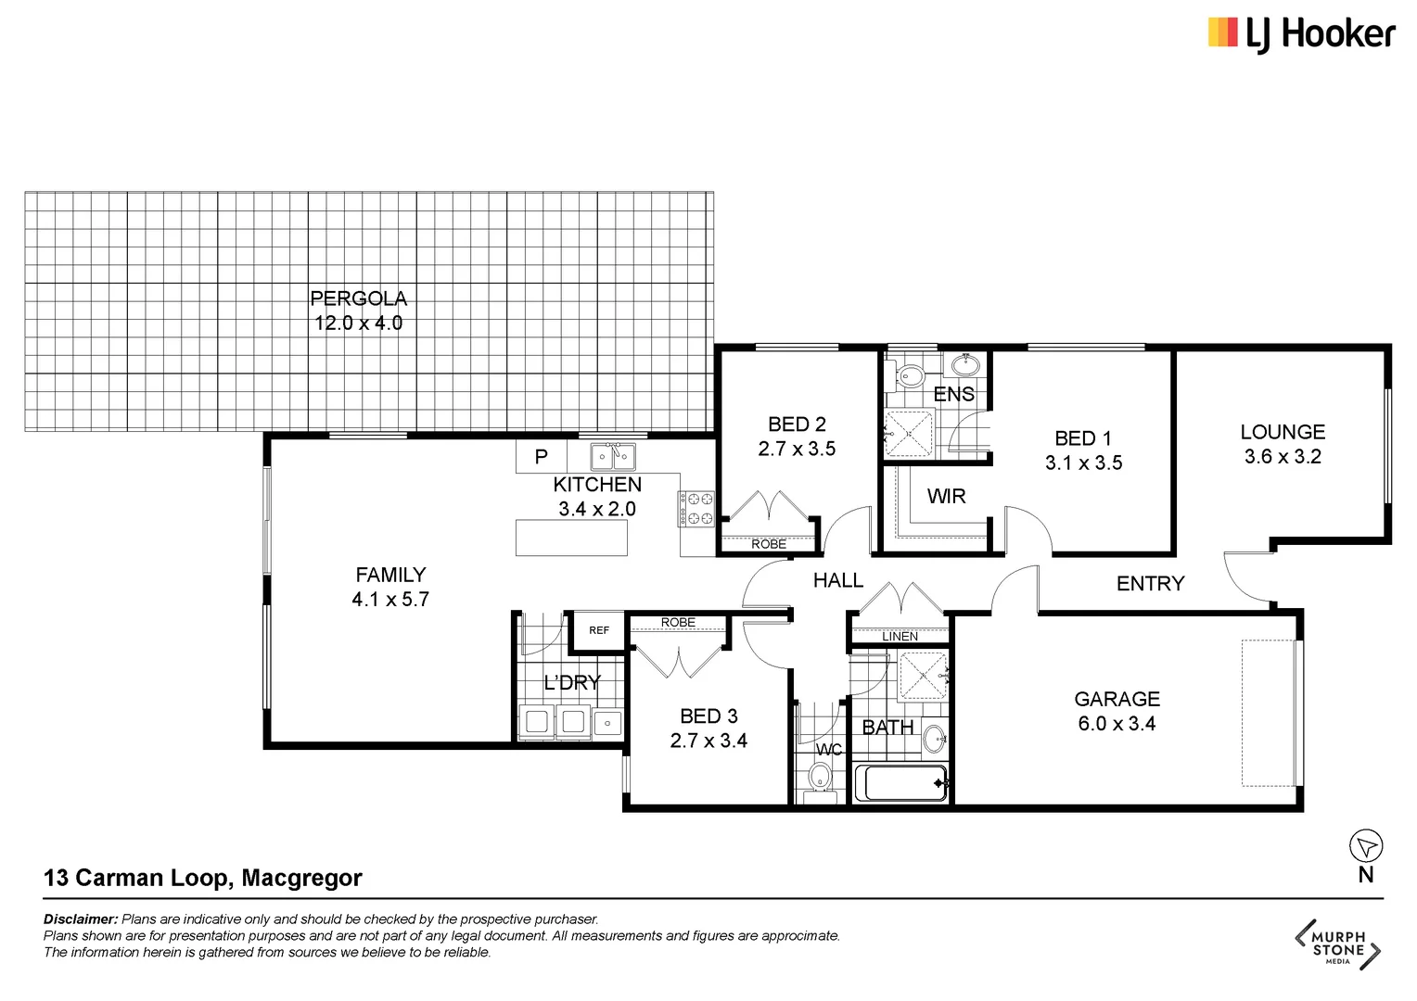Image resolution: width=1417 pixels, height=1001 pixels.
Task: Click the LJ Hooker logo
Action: (1300, 34)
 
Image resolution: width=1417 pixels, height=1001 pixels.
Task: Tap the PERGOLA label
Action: (358, 298)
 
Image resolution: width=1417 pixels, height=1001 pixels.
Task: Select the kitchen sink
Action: (613, 457)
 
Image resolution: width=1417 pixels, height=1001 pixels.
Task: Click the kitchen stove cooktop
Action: (696, 509)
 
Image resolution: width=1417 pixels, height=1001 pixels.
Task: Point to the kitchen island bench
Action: (571, 538)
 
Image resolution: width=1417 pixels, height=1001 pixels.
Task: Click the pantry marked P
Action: (542, 457)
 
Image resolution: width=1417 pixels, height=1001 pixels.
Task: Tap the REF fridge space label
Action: (599, 630)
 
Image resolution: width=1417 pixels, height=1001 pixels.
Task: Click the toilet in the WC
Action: (820, 777)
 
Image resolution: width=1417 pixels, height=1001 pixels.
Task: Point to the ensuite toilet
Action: (911, 376)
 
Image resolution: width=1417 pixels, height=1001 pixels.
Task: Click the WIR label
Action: (946, 497)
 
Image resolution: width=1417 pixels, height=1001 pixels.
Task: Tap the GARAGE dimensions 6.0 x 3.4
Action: (1117, 724)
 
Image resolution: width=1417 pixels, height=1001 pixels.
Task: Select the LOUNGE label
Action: (1283, 432)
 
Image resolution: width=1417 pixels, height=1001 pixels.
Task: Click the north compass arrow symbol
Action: (1365, 845)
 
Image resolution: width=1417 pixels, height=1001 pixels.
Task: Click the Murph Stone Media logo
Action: (1337, 944)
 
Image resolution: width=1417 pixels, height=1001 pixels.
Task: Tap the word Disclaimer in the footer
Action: (81, 919)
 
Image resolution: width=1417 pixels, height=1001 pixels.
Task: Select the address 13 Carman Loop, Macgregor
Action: (203, 878)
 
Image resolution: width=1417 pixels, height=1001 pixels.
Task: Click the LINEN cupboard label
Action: (900, 637)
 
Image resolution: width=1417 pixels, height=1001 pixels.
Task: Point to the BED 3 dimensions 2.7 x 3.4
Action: (708, 741)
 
